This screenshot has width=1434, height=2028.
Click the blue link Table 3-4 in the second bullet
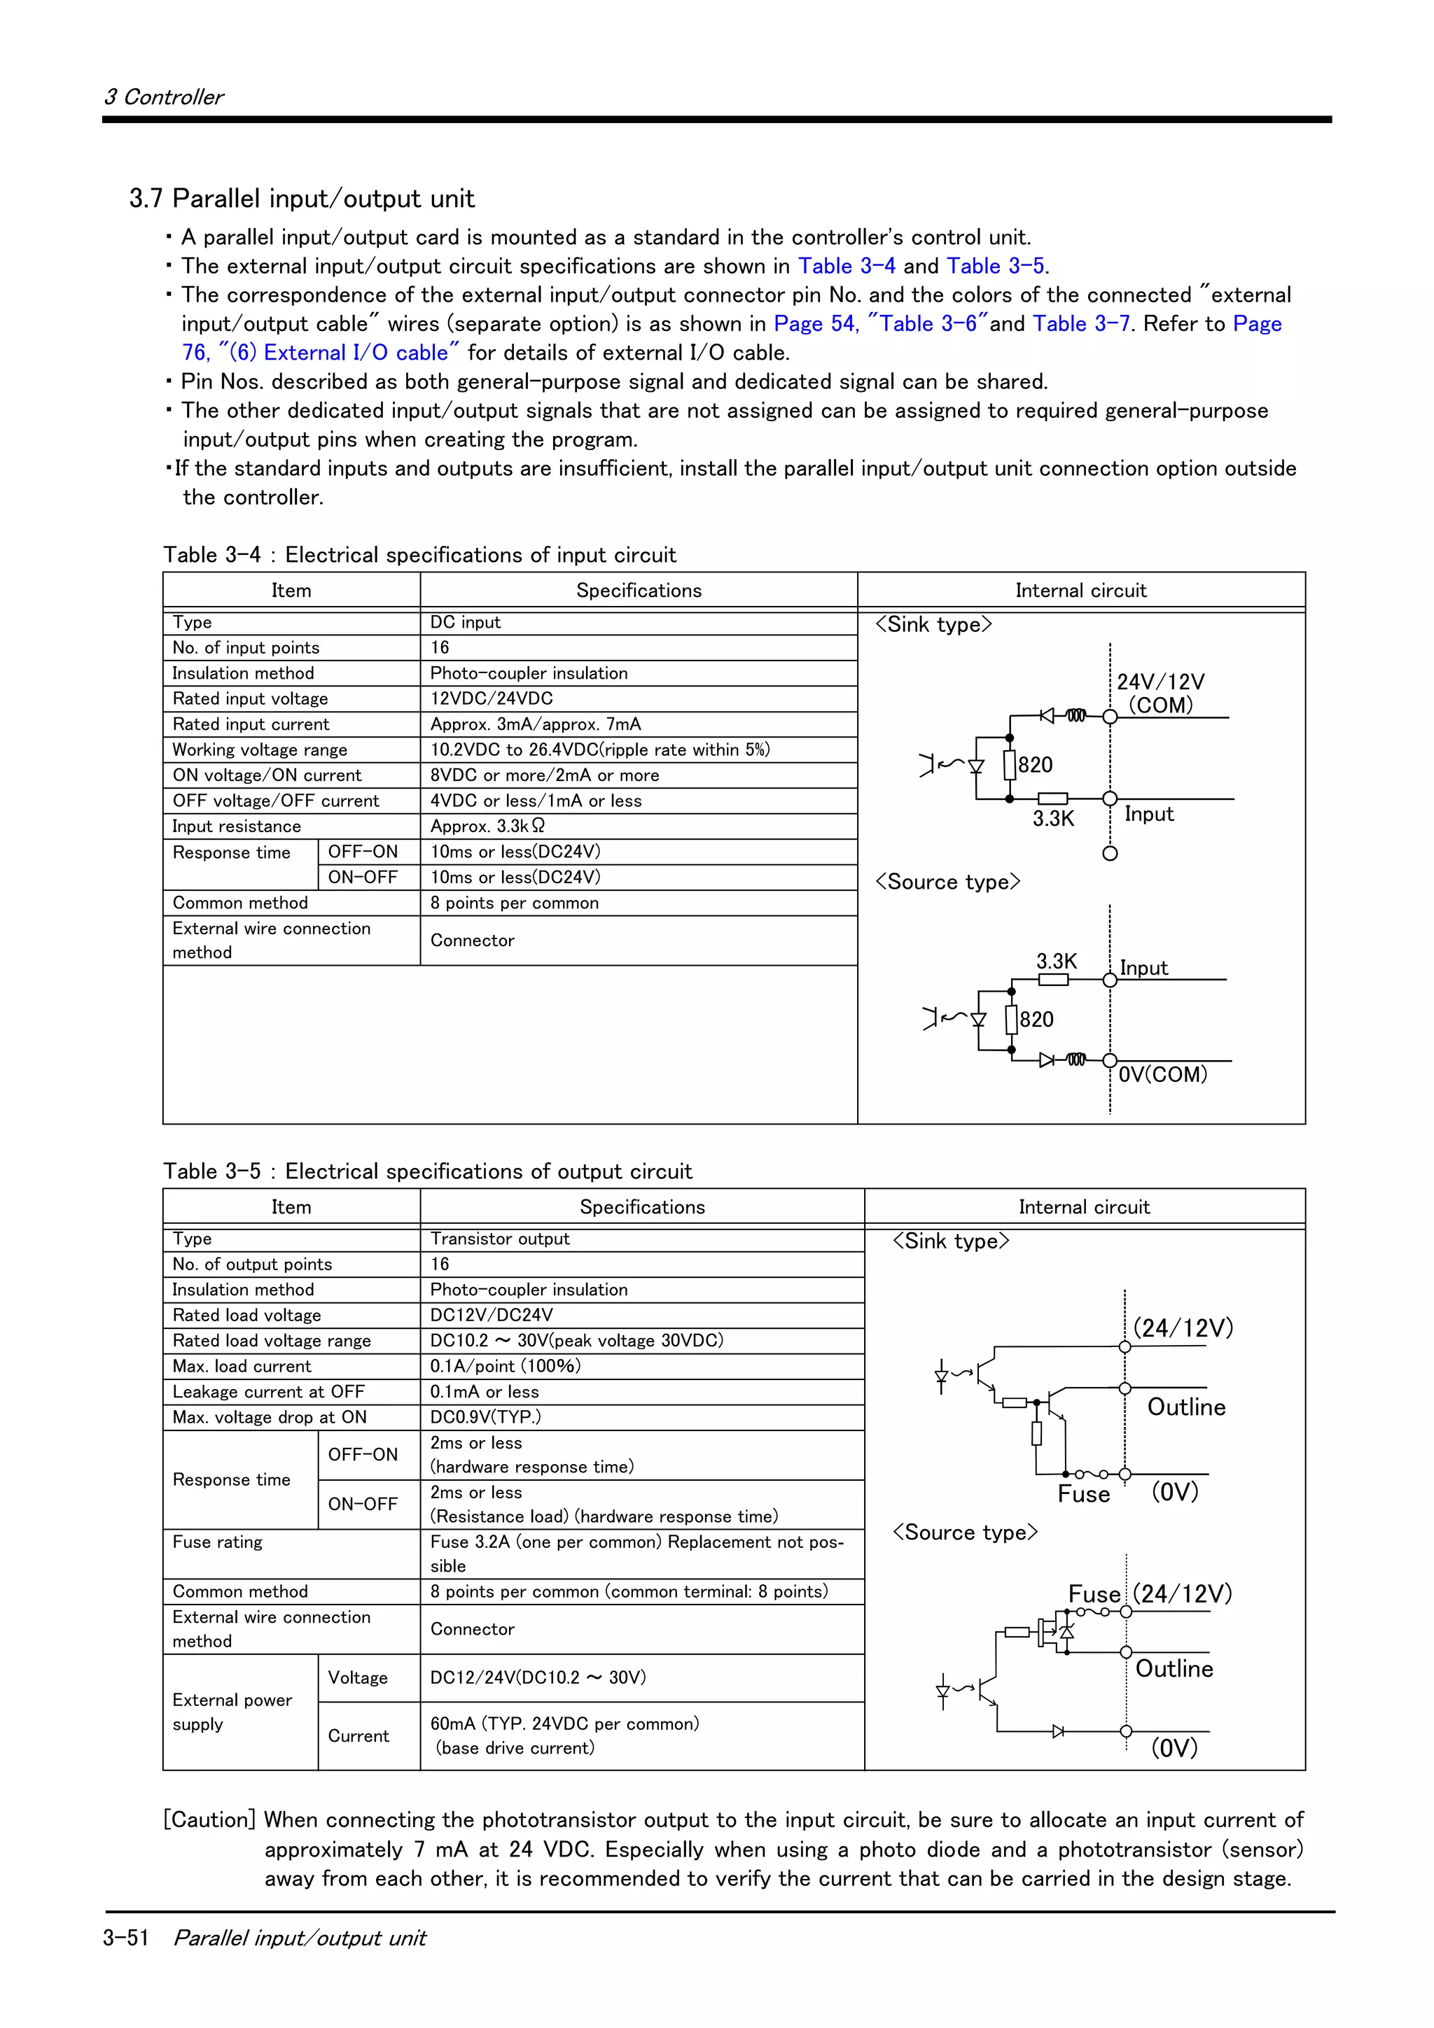coord(846,267)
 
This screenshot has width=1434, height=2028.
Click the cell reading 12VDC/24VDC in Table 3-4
coord(492,698)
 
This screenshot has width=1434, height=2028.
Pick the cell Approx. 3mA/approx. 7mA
coord(536,724)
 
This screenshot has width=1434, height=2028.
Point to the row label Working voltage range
coord(260,750)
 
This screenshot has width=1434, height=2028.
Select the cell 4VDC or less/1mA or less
coord(536,801)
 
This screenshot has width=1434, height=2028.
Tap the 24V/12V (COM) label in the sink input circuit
coord(1160,693)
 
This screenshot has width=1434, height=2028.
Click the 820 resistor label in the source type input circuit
coord(1036,1020)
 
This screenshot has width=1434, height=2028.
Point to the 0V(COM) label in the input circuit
coord(1162,1075)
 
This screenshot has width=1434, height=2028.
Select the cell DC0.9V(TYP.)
coord(485,1418)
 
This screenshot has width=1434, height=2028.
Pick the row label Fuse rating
coord(217,1542)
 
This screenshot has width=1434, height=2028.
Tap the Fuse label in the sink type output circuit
coord(1083,1495)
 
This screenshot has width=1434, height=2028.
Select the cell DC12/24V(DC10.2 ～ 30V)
coord(537,1677)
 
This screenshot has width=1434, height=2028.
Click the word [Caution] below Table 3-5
coord(209,1820)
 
